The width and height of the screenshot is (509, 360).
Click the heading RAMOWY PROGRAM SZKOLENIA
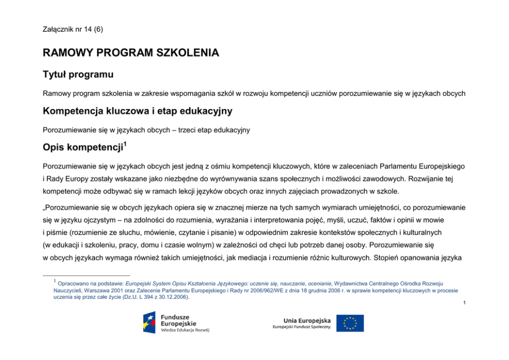pyautogui.click(x=131, y=53)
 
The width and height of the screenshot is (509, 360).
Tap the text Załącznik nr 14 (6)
pyautogui.click(x=73, y=29)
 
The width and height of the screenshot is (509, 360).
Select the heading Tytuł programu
pyautogui.click(x=78, y=75)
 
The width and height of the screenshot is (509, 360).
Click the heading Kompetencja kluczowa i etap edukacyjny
pyautogui.click(x=138, y=111)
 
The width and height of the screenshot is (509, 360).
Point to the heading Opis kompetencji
pyautogui.click(x=82, y=148)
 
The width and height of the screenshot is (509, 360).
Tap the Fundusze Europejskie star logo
pyautogui.click(x=149, y=322)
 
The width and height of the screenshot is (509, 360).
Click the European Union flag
pyautogui.click(x=350, y=323)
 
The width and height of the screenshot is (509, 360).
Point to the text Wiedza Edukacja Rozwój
pyautogui.click(x=185, y=330)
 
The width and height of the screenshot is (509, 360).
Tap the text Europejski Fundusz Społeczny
pyautogui.click(x=301, y=327)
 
